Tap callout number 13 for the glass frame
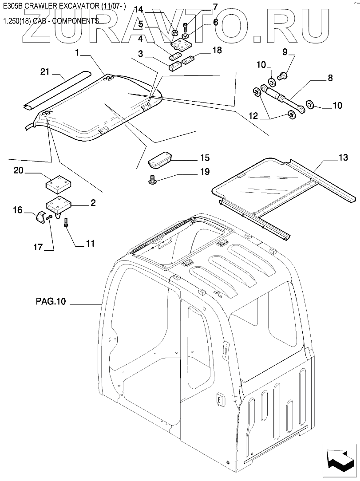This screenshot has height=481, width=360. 343,158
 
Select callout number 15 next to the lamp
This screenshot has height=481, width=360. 205,158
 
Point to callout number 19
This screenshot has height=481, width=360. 205,172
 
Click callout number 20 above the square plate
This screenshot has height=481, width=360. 18,171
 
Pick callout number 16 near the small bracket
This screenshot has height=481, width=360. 17,210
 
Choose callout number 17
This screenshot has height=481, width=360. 38,247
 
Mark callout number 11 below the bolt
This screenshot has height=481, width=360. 91,243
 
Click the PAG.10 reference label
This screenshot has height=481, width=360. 50,303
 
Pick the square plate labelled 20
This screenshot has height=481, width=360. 58,184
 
